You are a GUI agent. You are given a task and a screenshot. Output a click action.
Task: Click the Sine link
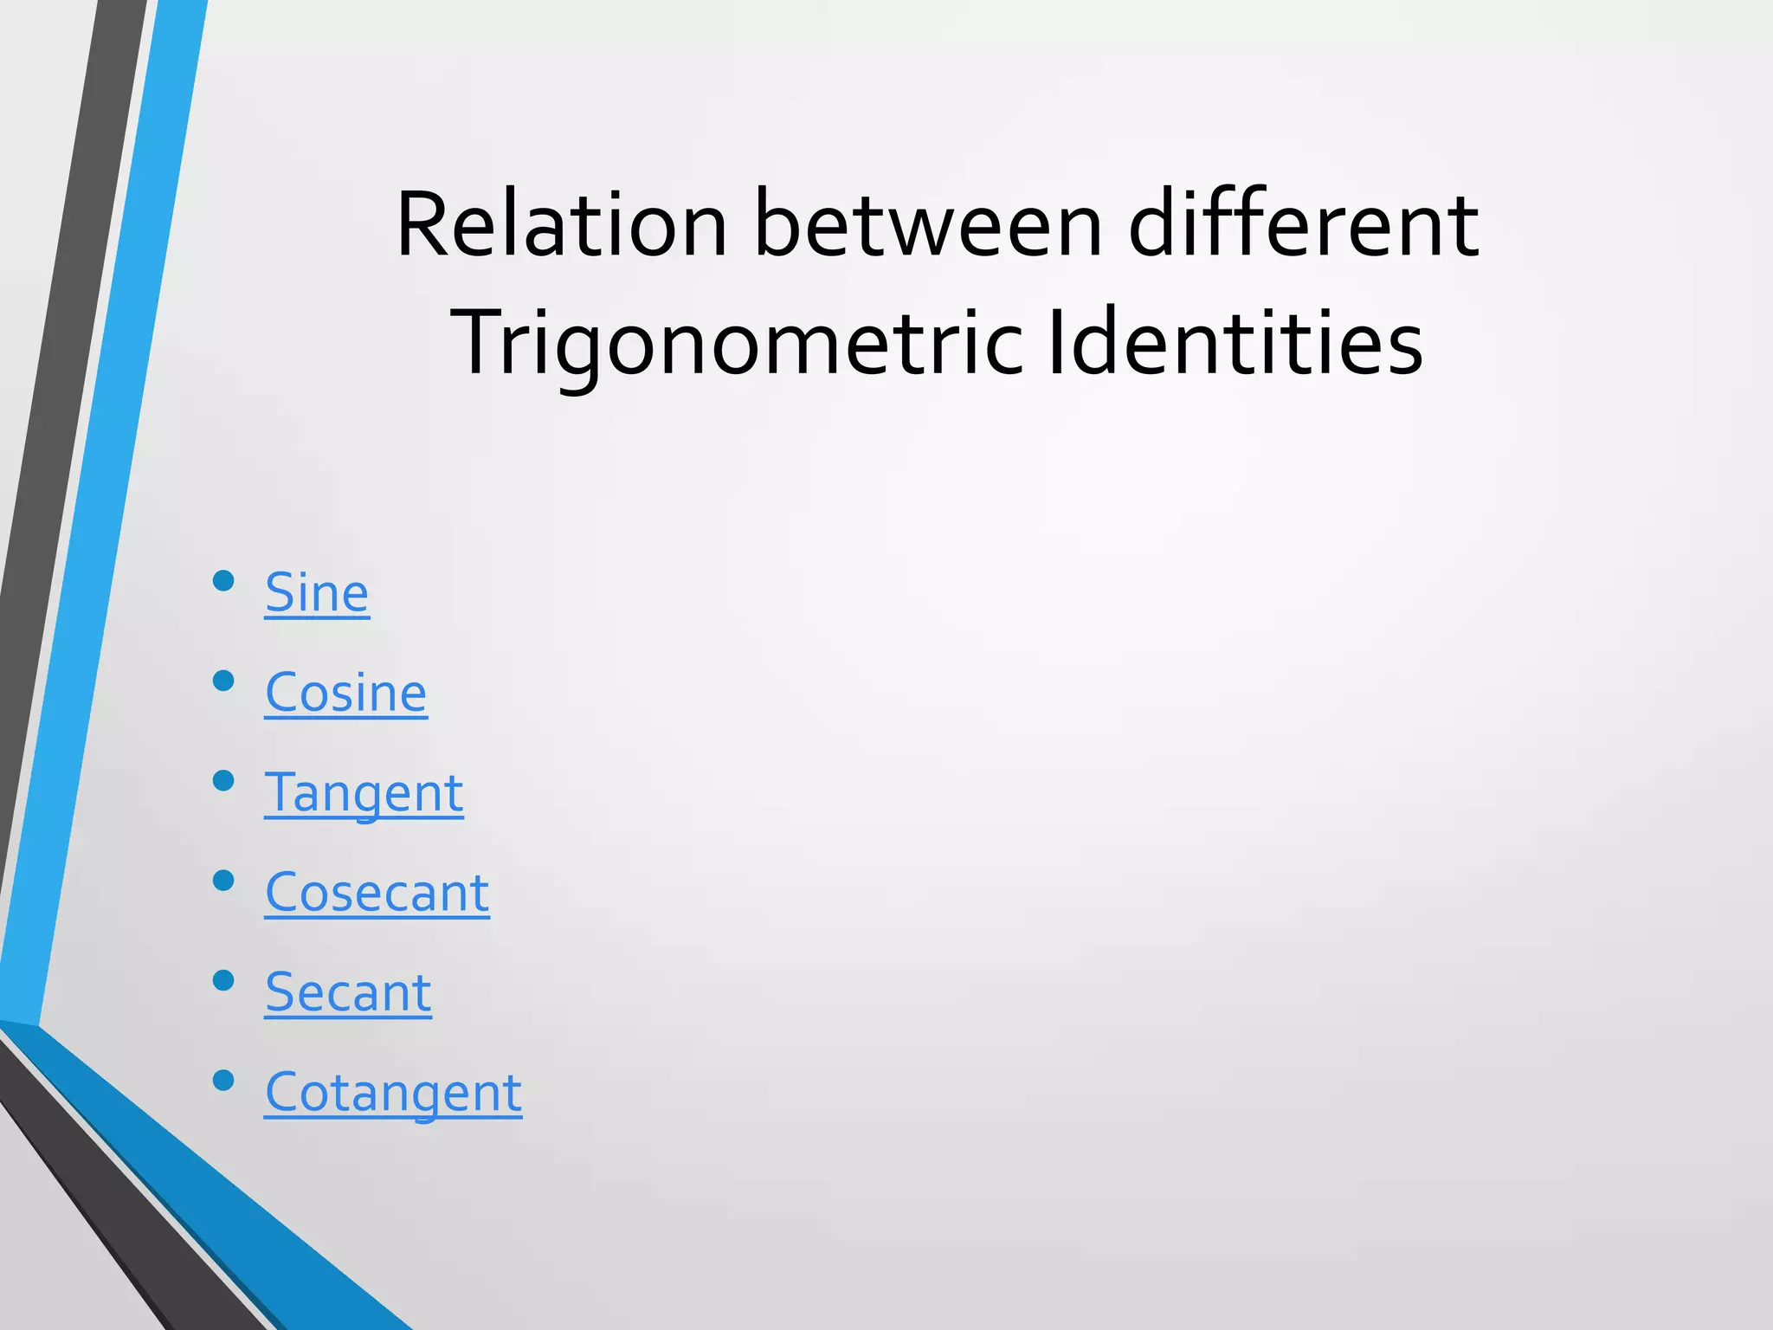tap(317, 593)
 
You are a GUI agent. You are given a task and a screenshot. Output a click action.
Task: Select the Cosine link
tap(345, 693)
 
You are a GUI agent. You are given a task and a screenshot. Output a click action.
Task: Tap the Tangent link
tap(364, 793)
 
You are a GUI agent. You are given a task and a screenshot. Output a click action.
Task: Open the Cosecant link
tap(377, 893)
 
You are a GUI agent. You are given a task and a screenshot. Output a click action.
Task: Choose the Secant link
tap(348, 992)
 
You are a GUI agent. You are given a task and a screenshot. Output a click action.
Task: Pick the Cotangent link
tap(393, 1093)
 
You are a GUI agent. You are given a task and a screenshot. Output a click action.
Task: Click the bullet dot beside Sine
tap(223, 580)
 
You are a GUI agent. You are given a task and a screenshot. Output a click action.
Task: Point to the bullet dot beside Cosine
tap(223, 681)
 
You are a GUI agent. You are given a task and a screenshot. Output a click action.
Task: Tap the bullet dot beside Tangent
tap(223, 780)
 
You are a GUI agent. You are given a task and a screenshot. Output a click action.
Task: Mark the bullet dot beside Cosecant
tap(223, 881)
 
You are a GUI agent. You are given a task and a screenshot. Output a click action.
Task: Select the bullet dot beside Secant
tap(223, 980)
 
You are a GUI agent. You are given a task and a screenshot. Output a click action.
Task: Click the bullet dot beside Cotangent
tap(223, 1080)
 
